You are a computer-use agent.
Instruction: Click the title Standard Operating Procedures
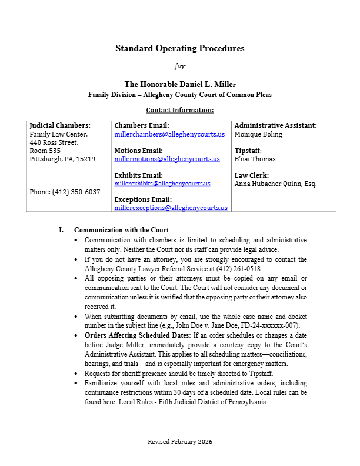pos(179,48)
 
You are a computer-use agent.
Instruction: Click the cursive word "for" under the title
pos(180,66)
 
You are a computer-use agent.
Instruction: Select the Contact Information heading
pos(179,110)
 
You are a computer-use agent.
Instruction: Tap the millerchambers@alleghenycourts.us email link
pos(169,134)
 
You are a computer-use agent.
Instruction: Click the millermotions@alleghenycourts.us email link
pos(167,159)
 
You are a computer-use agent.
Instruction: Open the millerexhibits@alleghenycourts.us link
pos(162,184)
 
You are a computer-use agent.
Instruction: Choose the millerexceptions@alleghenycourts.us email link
pos(171,208)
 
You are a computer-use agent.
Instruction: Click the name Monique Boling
pos(258,134)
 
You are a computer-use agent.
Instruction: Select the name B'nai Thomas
pos(255,159)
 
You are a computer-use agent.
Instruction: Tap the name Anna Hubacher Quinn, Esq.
pos(275,184)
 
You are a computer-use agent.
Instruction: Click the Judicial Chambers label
pos(60,125)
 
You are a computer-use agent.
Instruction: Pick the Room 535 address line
pos(45,151)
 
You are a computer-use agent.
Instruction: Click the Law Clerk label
pos(252,175)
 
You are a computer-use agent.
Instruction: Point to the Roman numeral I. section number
pos(61,230)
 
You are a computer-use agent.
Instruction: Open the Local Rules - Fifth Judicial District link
pos(192,402)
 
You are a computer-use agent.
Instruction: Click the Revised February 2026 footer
pos(179,441)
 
